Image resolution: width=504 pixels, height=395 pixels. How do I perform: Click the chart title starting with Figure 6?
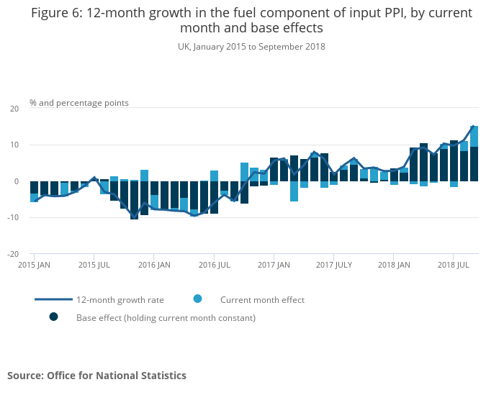tap(251, 21)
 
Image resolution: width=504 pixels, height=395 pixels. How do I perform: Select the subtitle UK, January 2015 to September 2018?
tap(251, 47)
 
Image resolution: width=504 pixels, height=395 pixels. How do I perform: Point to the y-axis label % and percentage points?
tap(79, 103)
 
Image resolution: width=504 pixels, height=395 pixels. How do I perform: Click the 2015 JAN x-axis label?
tap(34, 265)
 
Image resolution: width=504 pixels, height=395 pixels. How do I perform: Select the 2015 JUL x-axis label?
tap(94, 265)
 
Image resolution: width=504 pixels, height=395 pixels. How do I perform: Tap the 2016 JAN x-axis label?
tap(154, 265)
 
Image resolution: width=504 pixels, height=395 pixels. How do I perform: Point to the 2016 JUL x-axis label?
tap(214, 265)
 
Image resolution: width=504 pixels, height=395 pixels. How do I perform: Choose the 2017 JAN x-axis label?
tap(274, 265)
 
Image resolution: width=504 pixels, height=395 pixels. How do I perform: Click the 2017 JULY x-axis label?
tap(333, 265)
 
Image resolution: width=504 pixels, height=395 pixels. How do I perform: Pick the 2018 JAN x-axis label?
tap(393, 265)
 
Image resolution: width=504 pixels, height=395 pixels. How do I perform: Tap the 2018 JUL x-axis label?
tap(453, 265)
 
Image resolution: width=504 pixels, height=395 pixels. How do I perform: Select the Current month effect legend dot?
tap(197, 299)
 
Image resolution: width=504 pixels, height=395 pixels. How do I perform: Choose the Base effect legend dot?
tap(53, 317)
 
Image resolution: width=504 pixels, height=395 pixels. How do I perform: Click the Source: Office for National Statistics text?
tap(96, 376)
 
